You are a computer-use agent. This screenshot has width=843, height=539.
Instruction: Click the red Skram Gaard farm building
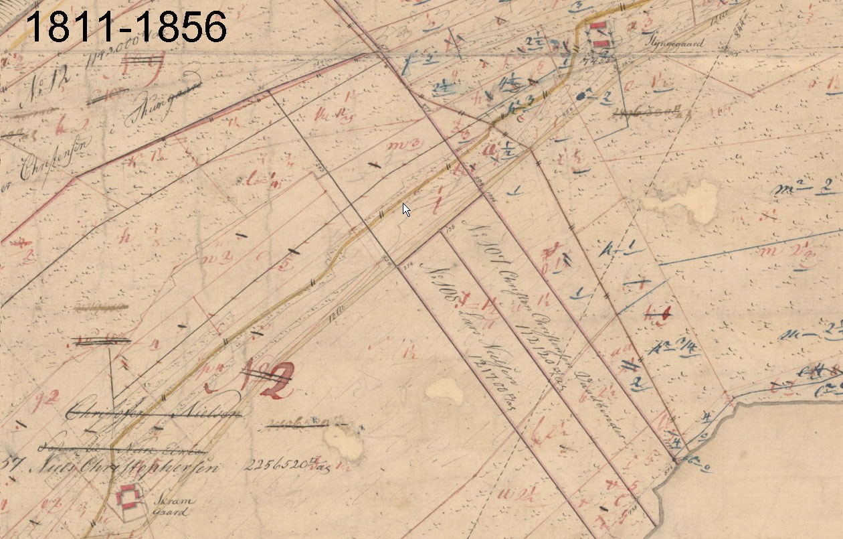128,497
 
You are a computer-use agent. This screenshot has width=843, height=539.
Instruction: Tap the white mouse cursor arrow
406,210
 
